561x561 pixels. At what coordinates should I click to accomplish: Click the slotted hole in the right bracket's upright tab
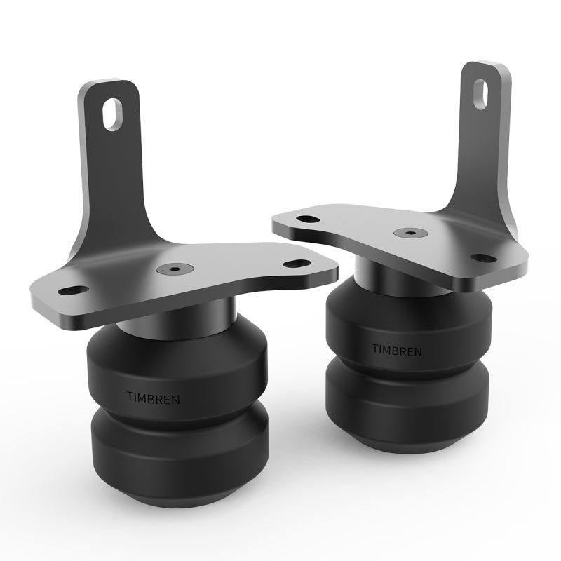click(x=482, y=94)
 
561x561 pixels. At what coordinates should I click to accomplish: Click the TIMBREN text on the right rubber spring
click(x=397, y=349)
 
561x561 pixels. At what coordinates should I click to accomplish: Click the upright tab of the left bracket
click(x=112, y=161)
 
